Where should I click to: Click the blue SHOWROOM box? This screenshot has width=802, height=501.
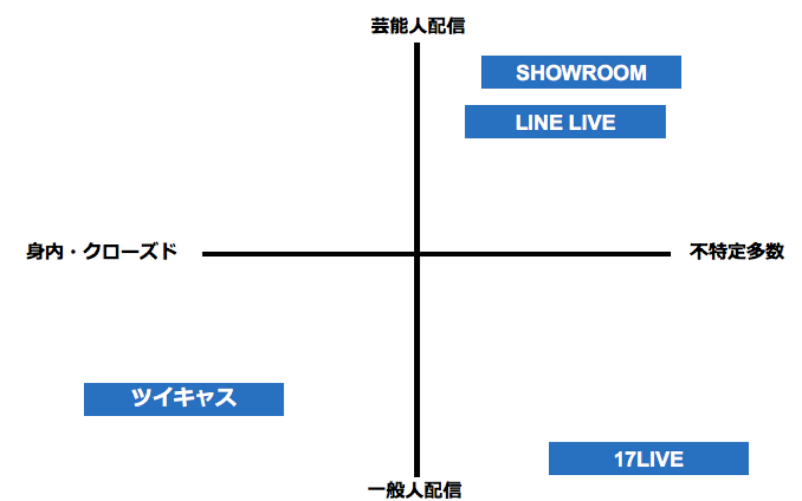pyautogui.click(x=581, y=72)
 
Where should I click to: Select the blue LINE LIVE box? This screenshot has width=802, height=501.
pyautogui.click(x=565, y=122)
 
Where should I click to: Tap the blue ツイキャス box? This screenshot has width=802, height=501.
pyautogui.click(x=184, y=399)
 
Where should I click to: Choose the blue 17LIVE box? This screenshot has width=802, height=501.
pyautogui.click(x=648, y=459)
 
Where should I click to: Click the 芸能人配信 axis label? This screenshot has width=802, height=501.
pyautogui.click(x=418, y=26)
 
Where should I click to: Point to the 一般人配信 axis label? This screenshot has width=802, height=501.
pyautogui.click(x=415, y=490)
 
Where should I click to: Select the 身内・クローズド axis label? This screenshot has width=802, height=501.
pyautogui.click(x=101, y=252)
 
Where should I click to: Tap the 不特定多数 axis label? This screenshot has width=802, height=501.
pyautogui.click(x=736, y=252)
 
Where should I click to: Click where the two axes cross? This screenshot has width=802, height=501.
pyautogui.click(x=417, y=254)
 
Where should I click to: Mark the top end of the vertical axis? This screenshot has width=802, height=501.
pyautogui.click(x=417, y=45)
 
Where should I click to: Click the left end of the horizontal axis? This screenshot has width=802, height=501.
pyautogui.click(x=204, y=254)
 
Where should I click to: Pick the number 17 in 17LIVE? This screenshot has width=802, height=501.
pyautogui.click(x=624, y=459)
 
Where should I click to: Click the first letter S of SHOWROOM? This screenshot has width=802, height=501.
pyautogui.click(x=522, y=73)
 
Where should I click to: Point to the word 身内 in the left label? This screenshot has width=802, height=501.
pyautogui.click(x=45, y=252)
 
